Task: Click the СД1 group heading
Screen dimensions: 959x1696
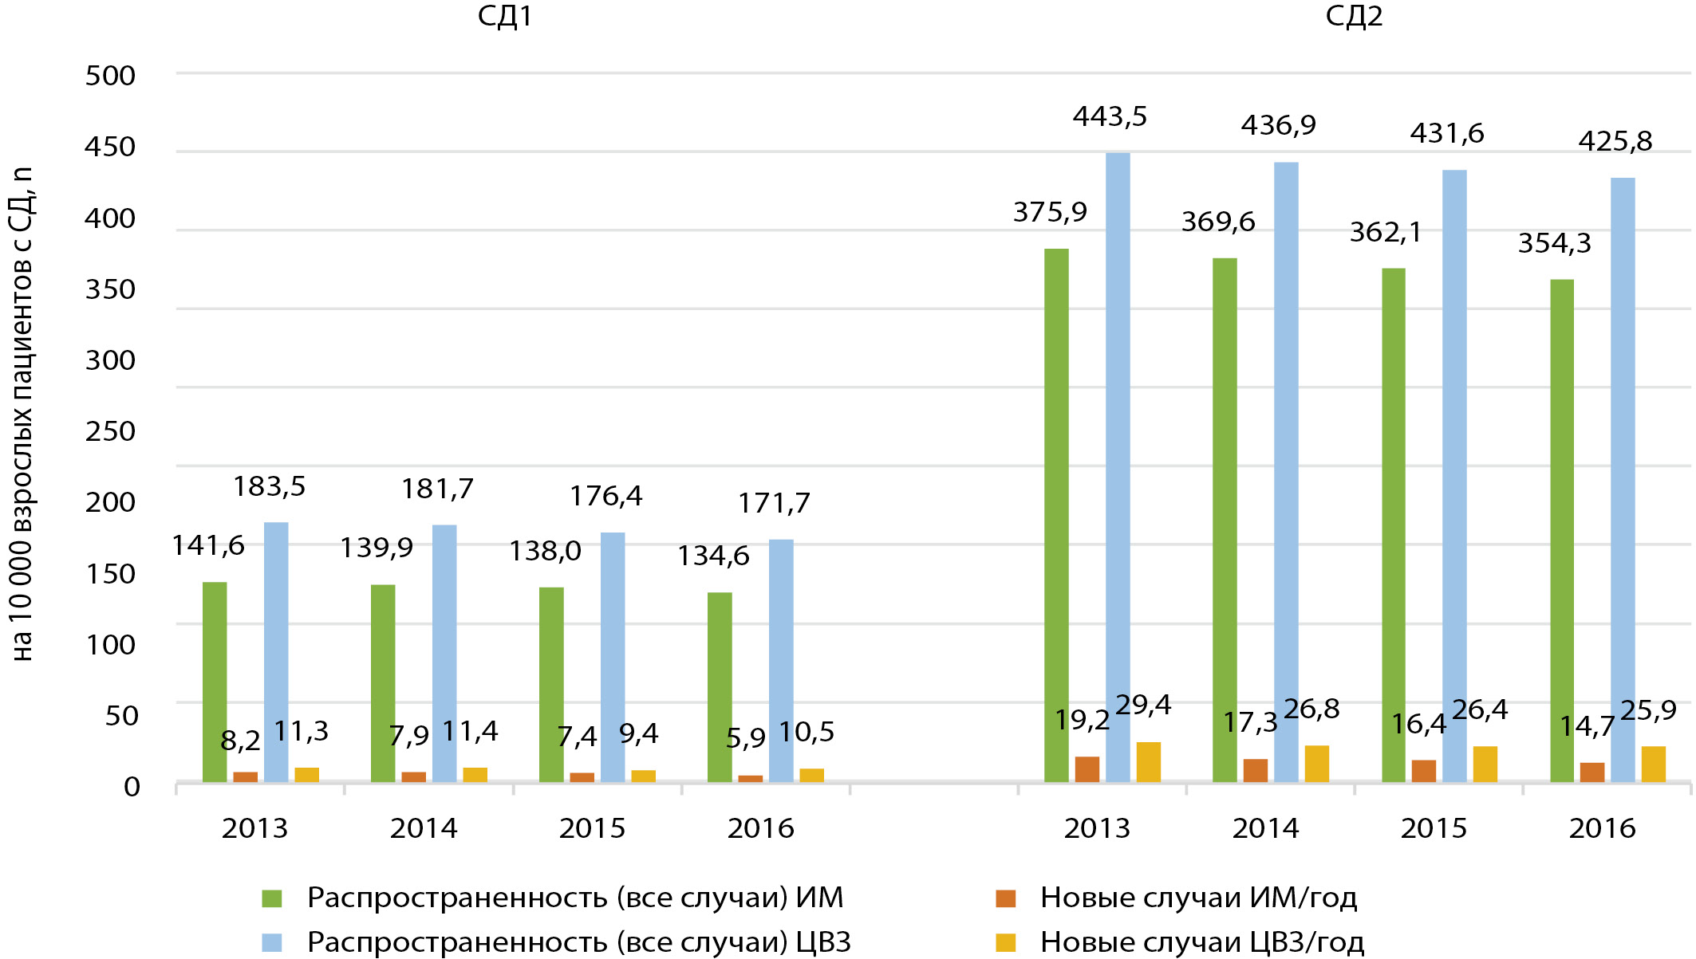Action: (x=504, y=17)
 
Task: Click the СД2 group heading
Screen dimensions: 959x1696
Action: (x=1354, y=17)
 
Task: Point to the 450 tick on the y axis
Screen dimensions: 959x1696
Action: (x=110, y=147)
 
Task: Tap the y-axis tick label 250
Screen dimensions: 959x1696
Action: (x=110, y=432)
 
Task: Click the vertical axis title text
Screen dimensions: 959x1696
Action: (x=22, y=415)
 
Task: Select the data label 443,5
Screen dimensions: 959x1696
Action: (x=1110, y=117)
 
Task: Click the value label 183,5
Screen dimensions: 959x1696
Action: (x=269, y=487)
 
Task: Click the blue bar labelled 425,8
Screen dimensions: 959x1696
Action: (x=1623, y=478)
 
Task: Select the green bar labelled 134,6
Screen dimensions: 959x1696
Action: (x=720, y=686)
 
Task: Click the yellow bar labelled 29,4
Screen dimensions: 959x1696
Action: (x=1149, y=761)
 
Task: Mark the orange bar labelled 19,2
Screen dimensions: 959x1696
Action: (x=1087, y=768)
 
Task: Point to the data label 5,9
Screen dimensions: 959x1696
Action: (x=745, y=739)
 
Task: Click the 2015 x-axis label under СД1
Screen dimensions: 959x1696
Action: (x=592, y=829)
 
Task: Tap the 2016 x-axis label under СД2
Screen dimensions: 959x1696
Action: (x=1602, y=829)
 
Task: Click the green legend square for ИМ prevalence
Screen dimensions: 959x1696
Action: (x=272, y=898)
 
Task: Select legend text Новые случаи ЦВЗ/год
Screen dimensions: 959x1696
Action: (x=1201, y=942)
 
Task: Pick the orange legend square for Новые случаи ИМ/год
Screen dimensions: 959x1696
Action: (x=1006, y=898)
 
